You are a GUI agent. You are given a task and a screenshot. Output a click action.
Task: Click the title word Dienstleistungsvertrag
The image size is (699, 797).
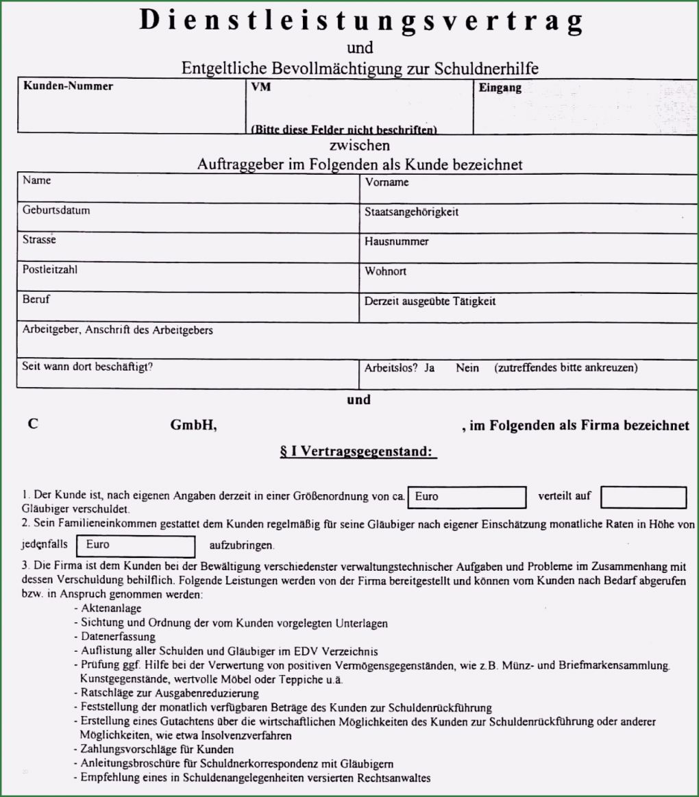[x=360, y=21]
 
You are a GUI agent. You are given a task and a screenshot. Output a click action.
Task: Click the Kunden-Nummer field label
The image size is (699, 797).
[x=68, y=86]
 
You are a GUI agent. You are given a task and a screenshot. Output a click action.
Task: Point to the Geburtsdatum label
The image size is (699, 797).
[x=56, y=211]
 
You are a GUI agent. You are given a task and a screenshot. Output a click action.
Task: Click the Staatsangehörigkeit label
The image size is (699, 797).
[x=412, y=212]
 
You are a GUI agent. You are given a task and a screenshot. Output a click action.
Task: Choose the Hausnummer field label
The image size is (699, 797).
[x=397, y=241]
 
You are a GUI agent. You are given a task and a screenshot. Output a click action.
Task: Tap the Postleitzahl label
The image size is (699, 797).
[x=49, y=270]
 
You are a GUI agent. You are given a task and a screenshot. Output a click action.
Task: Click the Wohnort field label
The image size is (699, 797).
[x=385, y=271]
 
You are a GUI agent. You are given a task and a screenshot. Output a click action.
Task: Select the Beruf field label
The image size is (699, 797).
[x=36, y=299]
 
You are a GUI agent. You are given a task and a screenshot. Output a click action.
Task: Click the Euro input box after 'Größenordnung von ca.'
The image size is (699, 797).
[x=467, y=498]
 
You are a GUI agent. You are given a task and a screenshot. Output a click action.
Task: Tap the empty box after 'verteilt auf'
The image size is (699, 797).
[x=643, y=498]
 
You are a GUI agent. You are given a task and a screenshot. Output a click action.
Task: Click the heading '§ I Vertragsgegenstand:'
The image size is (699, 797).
[x=358, y=453]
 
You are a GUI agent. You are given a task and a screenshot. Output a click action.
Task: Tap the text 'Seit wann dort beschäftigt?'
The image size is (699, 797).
[x=88, y=366]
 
